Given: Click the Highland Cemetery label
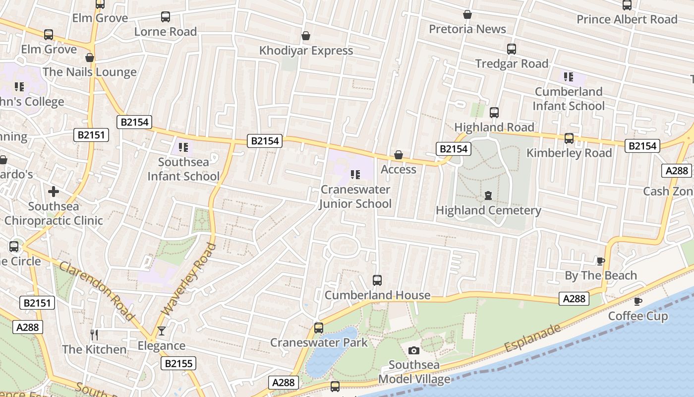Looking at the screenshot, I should [x=488, y=210].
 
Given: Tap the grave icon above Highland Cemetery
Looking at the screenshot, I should [x=488, y=196].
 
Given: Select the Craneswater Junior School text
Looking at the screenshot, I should [x=355, y=197].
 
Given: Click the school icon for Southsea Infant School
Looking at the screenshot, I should [x=183, y=147].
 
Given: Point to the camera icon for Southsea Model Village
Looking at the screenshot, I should [x=413, y=351].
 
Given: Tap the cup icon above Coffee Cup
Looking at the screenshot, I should [x=638, y=301].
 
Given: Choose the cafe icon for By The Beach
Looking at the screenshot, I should [x=601, y=261].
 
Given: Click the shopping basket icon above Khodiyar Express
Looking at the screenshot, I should [x=306, y=36].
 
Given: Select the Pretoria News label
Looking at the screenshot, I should [x=467, y=29].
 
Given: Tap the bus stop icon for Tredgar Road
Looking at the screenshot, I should [x=512, y=49].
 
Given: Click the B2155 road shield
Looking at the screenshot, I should [x=178, y=364].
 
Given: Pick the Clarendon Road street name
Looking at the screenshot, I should [x=97, y=291].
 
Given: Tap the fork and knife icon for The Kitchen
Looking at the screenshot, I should [x=94, y=335].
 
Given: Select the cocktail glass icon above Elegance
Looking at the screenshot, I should [x=162, y=331].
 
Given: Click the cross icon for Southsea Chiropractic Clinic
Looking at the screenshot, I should [x=54, y=192].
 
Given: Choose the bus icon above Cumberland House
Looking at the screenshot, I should [x=377, y=280].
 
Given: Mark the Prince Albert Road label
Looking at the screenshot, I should [x=627, y=19].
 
